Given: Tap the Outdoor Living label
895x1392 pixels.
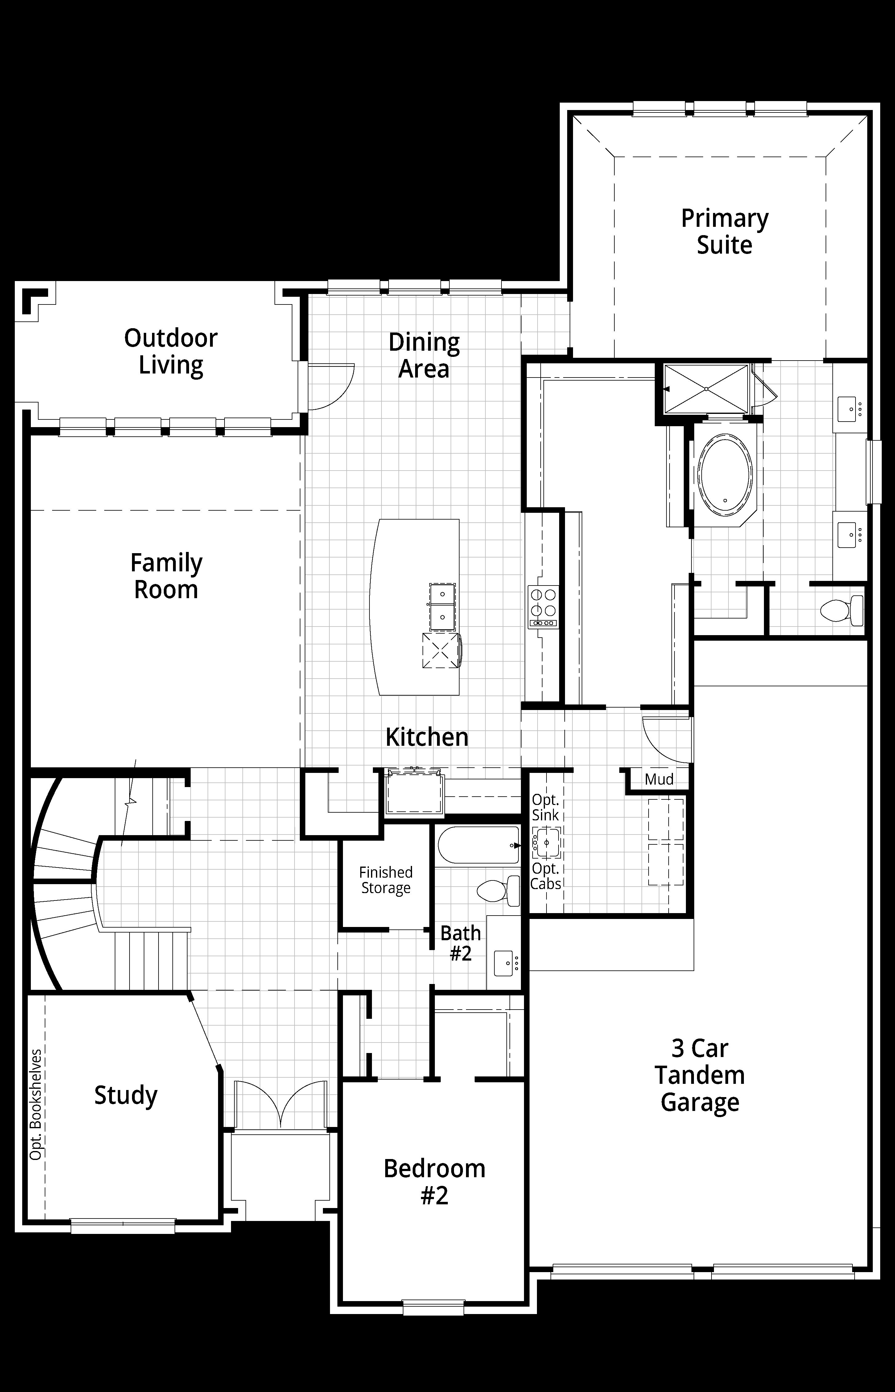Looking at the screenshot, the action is (x=171, y=351).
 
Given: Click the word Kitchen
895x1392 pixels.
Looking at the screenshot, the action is (x=427, y=737).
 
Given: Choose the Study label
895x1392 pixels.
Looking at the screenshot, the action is (x=126, y=1095).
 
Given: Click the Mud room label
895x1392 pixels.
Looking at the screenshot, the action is (x=659, y=779).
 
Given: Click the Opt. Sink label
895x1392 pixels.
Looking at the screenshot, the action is (x=545, y=807).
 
